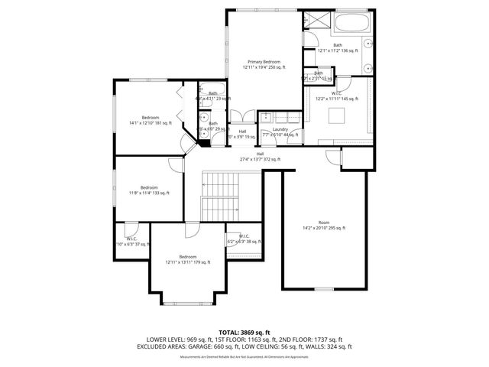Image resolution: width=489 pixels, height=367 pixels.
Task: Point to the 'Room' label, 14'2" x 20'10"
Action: pyautogui.click(x=324, y=222)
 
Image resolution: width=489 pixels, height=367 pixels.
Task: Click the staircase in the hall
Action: pyautogui.click(x=221, y=194)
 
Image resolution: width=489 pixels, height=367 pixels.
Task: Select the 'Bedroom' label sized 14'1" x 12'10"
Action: pyautogui.click(x=150, y=117)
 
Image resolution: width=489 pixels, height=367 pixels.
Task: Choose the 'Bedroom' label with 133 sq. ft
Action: pyautogui.click(x=149, y=187)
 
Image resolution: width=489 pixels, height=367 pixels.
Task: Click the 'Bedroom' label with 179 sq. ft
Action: pyautogui.click(x=187, y=257)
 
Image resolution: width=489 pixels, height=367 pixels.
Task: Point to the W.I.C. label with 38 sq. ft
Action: pyautogui.click(x=244, y=236)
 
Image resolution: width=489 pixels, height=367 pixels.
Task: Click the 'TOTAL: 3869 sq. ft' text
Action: pyautogui.click(x=244, y=332)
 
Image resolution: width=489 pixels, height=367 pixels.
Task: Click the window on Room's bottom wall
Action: pyautogui.click(x=324, y=289)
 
